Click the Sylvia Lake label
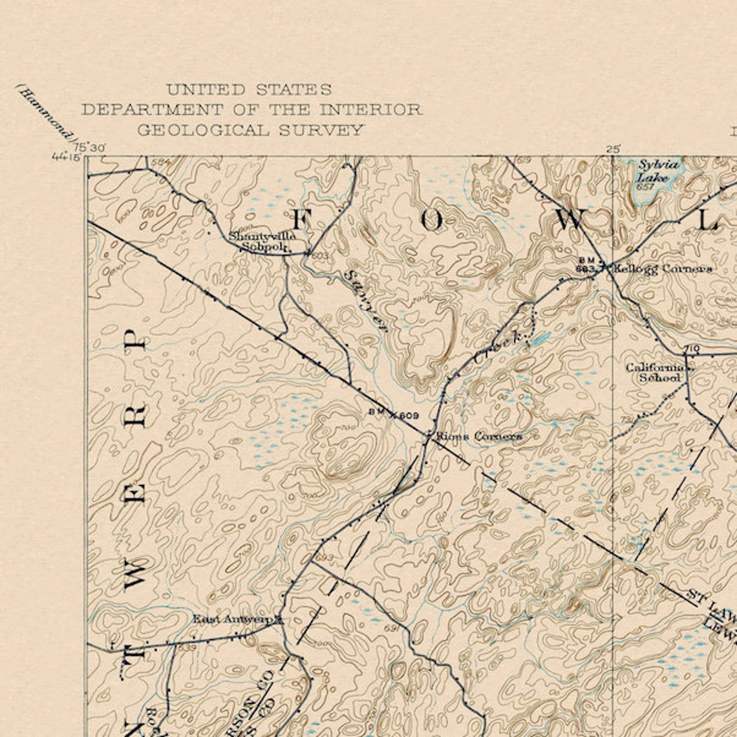pyautogui.click(x=658, y=171)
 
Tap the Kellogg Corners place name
pyautogui.click(x=663, y=268)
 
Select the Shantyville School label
pyautogui.click(x=262, y=241)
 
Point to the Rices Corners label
pyautogui.click(x=478, y=436)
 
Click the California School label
pyautogui.click(x=659, y=372)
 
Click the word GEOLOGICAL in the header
pyautogui.click(x=205, y=130)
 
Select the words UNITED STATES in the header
pyautogui.click(x=249, y=89)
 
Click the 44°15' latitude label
pyautogui.click(x=67, y=156)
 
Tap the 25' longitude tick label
pyautogui.click(x=613, y=149)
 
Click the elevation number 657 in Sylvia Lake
pyautogui.click(x=645, y=187)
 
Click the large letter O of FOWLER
pyautogui.click(x=432, y=220)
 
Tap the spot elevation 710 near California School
pyautogui.click(x=692, y=349)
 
